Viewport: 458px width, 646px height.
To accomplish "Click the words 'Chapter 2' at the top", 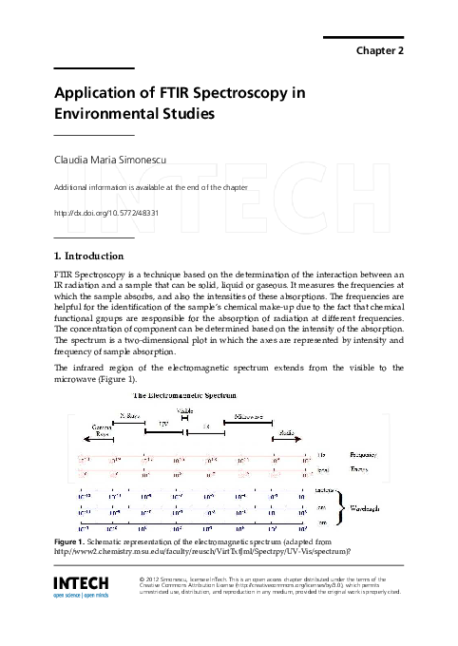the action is click(x=380, y=50).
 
